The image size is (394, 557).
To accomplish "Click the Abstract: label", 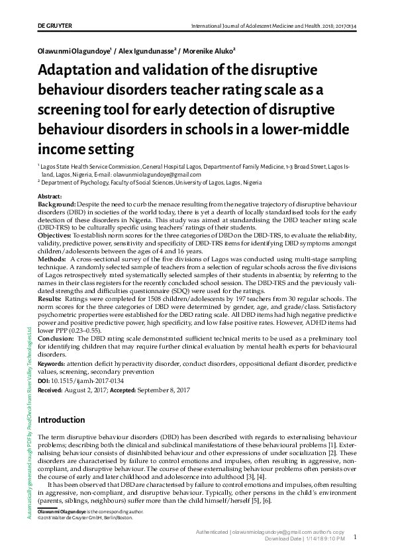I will tap(50, 197).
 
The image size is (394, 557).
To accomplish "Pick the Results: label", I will tap(51, 299).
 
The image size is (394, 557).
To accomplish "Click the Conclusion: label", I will tap(56, 338).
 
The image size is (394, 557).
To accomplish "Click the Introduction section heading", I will tap(61, 419).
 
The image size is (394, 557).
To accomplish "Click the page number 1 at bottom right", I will tap(355, 537).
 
